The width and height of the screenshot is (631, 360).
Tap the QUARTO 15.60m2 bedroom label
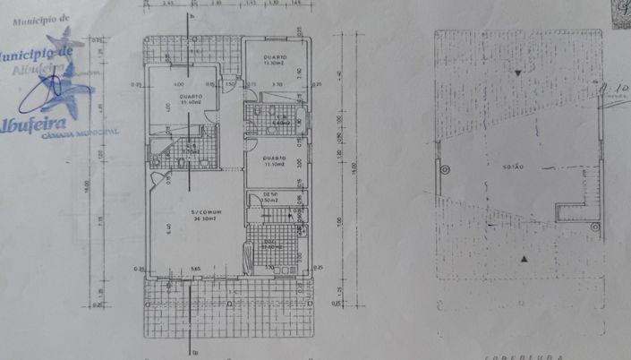[x=189, y=99]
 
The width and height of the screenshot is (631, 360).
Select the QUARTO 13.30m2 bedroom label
[x=274, y=61]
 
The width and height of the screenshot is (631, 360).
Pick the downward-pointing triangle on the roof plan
[x=516, y=71]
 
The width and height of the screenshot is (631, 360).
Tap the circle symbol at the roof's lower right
[x=594, y=227]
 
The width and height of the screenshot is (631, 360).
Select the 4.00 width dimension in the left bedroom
[x=179, y=85]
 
